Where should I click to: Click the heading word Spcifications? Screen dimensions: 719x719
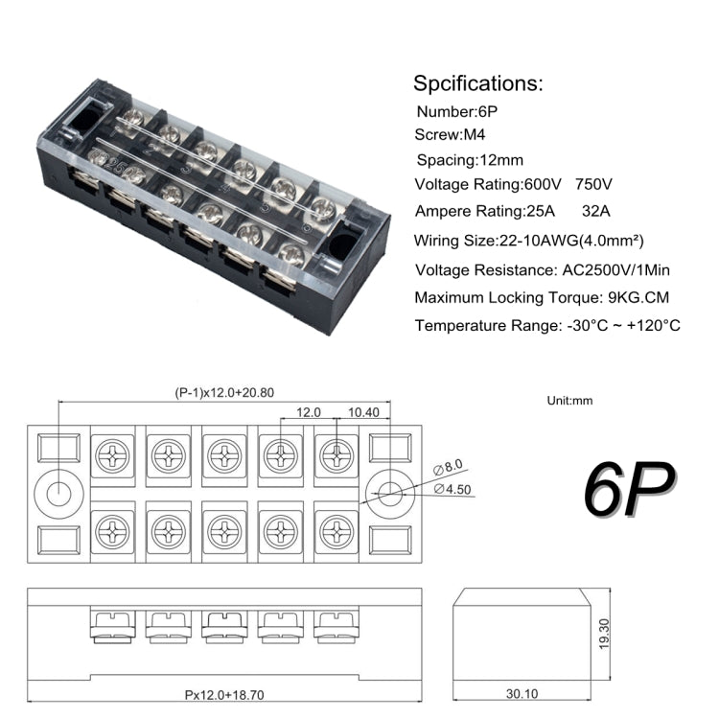[477, 82]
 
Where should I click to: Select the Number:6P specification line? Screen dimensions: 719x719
[456, 111]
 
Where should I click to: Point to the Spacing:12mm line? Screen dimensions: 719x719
[470, 160]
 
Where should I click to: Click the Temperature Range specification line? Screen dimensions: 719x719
[547, 326]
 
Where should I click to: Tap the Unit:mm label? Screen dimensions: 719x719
[569, 400]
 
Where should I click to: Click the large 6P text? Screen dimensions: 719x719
[628, 489]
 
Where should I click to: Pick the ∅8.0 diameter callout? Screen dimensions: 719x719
[449, 468]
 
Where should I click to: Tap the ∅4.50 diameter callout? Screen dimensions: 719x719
[453, 488]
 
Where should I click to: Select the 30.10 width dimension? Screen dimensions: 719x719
[522, 693]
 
